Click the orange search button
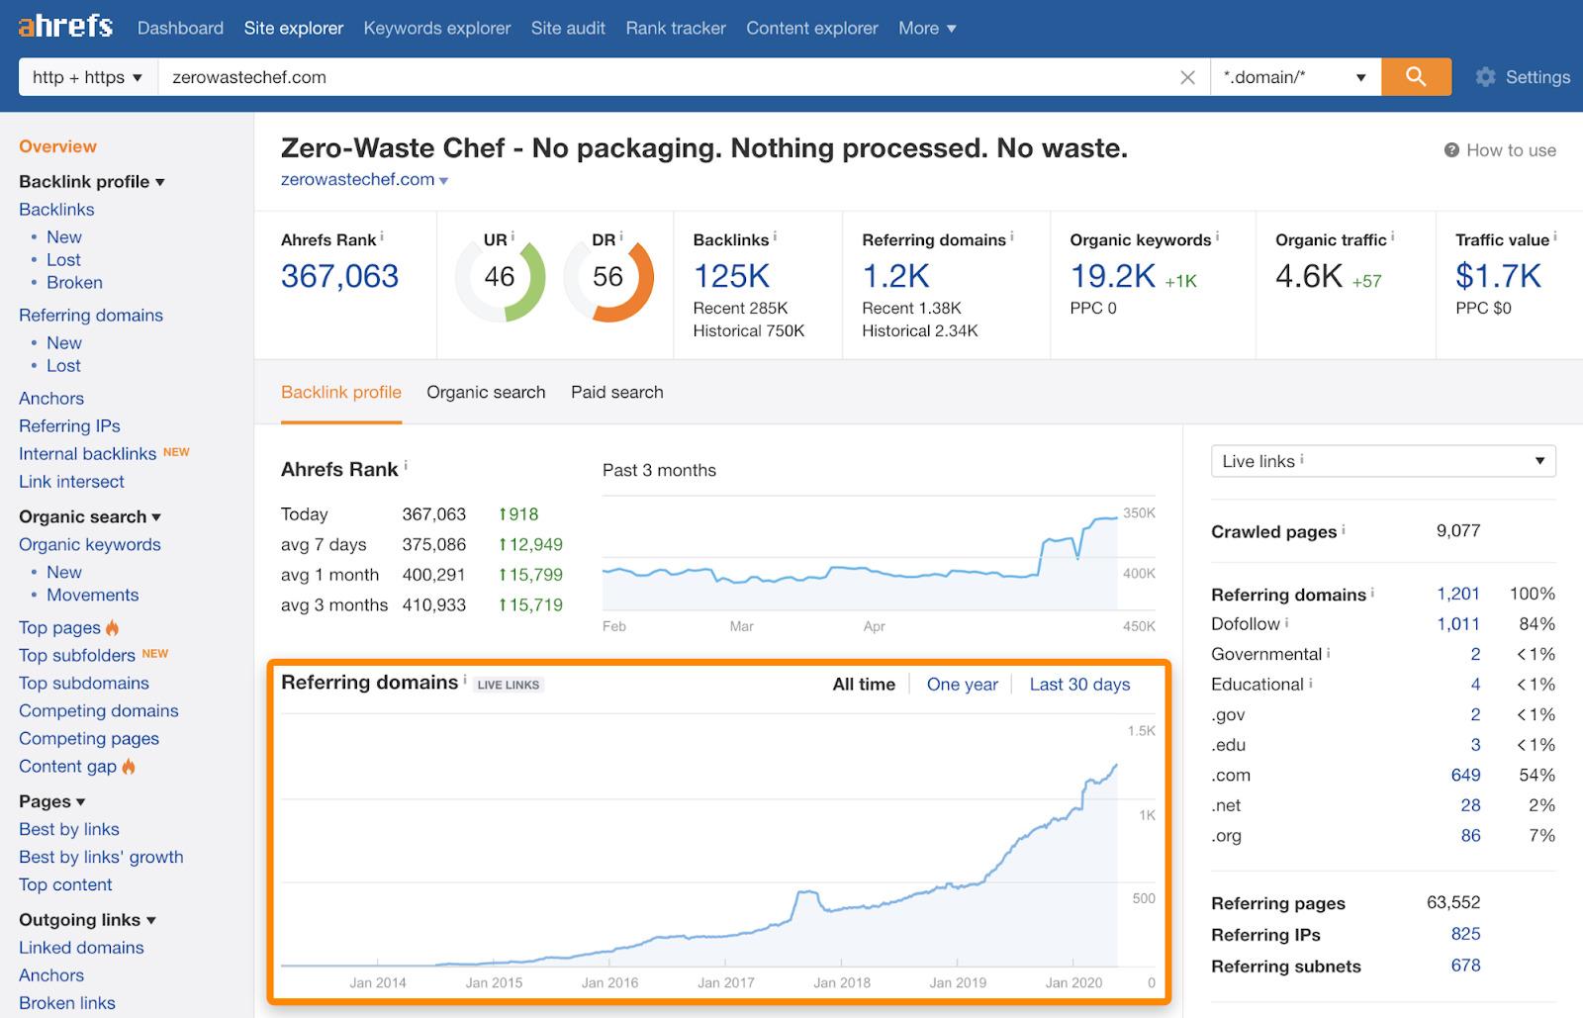(x=1416, y=77)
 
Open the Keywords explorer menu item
(x=436, y=28)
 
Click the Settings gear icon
(x=1485, y=77)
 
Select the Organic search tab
(x=486, y=392)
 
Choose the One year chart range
(x=962, y=685)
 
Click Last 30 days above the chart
(x=1079, y=685)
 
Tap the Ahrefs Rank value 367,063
(x=339, y=276)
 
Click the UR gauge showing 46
(x=500, y=277)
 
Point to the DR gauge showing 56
(x=607, y=277)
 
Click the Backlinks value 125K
(x=731, y=276)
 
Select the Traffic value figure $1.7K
(x=1498, y=276)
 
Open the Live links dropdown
(x=1382, y=461)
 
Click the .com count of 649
(x=1465, y=775)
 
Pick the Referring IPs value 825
(x=1465, y=934)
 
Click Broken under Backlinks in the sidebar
(x=74, y=282)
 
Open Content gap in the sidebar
(x=67, y=766)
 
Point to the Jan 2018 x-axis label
(x=841, y=982)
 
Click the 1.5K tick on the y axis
(x=1141, y=731)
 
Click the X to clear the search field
(x=1187, y=77)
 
